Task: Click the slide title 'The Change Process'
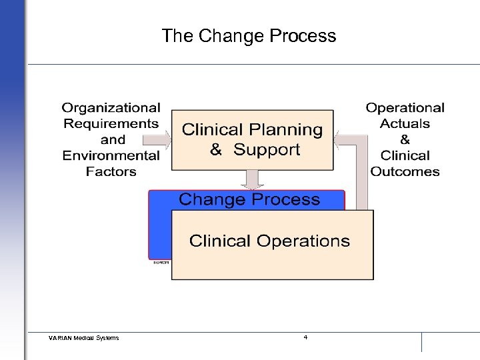tap(249, 35)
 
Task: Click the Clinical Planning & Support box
tap(252, 139)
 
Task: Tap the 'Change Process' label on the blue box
tap(249, 199)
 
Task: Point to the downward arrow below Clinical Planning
tap(251, 179)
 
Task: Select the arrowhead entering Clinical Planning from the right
tap(339, 140)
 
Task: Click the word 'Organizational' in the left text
tap(111, 107)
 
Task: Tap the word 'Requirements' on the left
tap(111, 123)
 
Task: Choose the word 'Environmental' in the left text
tap(111, 155)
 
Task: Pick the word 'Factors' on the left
tap(111, 171)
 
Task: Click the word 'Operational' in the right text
tap(405, 107)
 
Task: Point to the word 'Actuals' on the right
tap(405, 123)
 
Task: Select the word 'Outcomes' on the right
tap(405, 171)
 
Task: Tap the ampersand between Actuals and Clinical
tap(405, 139)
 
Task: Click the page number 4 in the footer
tap(305, 337)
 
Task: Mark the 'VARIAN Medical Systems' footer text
tap(84, 338)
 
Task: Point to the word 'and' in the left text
tap(113, 139)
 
